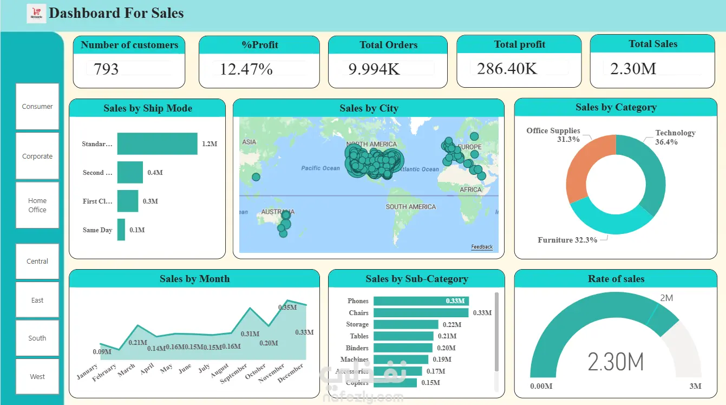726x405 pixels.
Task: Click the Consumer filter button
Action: (37, 107)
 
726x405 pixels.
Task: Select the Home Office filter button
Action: (37, 205)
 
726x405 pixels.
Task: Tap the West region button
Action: (37, 376)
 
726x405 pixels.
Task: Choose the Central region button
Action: (37, 261)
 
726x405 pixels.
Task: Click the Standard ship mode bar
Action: (157, 144)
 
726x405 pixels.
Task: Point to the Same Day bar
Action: (121, 230)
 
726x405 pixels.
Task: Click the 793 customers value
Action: (106, 69)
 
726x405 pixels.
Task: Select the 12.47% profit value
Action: (246, 69)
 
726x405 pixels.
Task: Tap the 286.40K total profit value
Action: (507, 68)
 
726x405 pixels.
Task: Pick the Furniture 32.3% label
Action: (567, 240)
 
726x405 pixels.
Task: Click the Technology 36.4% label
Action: (675, 137)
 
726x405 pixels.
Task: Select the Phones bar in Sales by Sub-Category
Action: (421, 301)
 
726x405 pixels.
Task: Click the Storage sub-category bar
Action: (405, 324)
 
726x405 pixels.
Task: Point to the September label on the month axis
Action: (234, 373)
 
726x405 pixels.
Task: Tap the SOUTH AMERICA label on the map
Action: (410, 207)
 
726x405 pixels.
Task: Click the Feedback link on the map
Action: (482, 247)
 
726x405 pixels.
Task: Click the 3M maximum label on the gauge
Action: (695, 386)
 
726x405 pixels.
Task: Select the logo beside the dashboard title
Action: (36, 14)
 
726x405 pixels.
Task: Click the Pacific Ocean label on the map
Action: (321, 168)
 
